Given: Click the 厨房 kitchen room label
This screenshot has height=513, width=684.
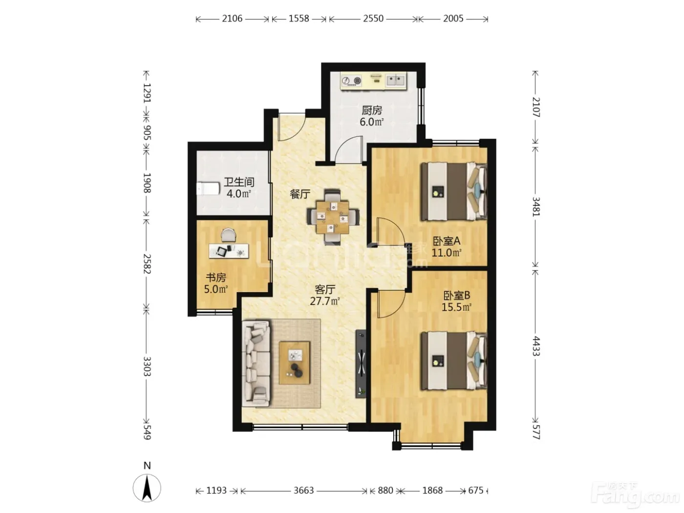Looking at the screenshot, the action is [x=372, y=110].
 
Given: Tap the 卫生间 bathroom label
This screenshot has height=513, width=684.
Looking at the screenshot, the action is [x=239, y=182].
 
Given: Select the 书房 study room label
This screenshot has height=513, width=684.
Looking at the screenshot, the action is [x=215, y=277].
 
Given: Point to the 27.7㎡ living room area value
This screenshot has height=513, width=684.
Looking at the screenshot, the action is [x=325, y=301].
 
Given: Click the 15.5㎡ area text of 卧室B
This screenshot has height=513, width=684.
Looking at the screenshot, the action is [x=456, y=307].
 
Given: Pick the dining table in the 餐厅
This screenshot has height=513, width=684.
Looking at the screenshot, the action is [x=333, y=216].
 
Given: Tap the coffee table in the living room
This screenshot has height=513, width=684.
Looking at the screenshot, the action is [x=295, y=363].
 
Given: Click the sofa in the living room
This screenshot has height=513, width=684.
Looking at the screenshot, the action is [x=256, y=363].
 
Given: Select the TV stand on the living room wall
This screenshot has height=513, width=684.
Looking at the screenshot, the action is [x=361, y=364].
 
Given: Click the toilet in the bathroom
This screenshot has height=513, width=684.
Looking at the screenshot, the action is [x=208, y=189].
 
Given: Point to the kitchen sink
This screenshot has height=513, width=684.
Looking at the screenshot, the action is [x=396, y=81].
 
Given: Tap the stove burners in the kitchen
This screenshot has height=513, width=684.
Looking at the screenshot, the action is [x=352, y=81].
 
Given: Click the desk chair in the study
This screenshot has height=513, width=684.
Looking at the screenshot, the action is [x=229, y=235].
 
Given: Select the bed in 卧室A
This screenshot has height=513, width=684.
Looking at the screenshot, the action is [x=454, y=191].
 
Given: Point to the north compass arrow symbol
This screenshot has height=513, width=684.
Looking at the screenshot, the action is [x=147, y=488].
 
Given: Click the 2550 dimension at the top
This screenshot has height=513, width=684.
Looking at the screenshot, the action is [x=373, y=19].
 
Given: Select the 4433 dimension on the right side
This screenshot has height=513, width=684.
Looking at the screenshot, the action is [x=535, y=346].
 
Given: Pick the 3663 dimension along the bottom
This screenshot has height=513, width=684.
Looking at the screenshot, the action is [x=303, y=491].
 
